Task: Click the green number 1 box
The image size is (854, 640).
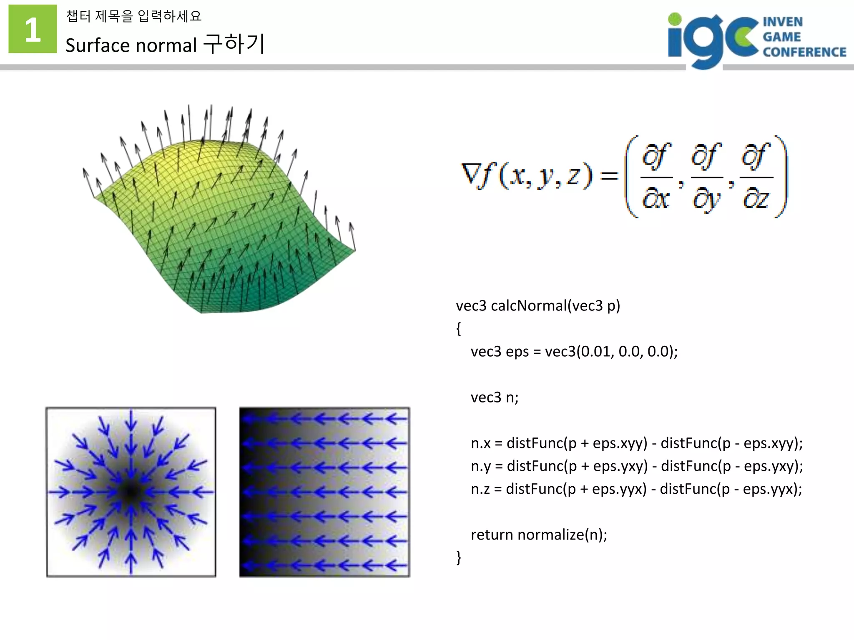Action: (33, 29)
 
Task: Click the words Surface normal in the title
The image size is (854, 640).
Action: (131, 45)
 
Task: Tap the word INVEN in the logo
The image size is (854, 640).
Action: (782, 22)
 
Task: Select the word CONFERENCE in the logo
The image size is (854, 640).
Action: (804, 52)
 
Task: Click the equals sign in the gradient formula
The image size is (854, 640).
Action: (609, 175)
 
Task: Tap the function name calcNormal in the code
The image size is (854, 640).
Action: (528, 306)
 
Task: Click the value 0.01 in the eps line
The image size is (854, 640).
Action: (596, 352)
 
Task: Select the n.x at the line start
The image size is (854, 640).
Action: (480, 443)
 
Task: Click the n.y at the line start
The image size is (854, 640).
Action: (480, 466)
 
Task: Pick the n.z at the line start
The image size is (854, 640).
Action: (480, 489)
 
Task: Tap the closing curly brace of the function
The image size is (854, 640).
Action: (459, 557)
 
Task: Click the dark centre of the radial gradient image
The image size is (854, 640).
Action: (131, 492)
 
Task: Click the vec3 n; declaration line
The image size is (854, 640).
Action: (495, 397)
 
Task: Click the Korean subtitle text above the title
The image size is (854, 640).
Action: (134, 16)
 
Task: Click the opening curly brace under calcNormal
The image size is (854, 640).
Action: (459, 329)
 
